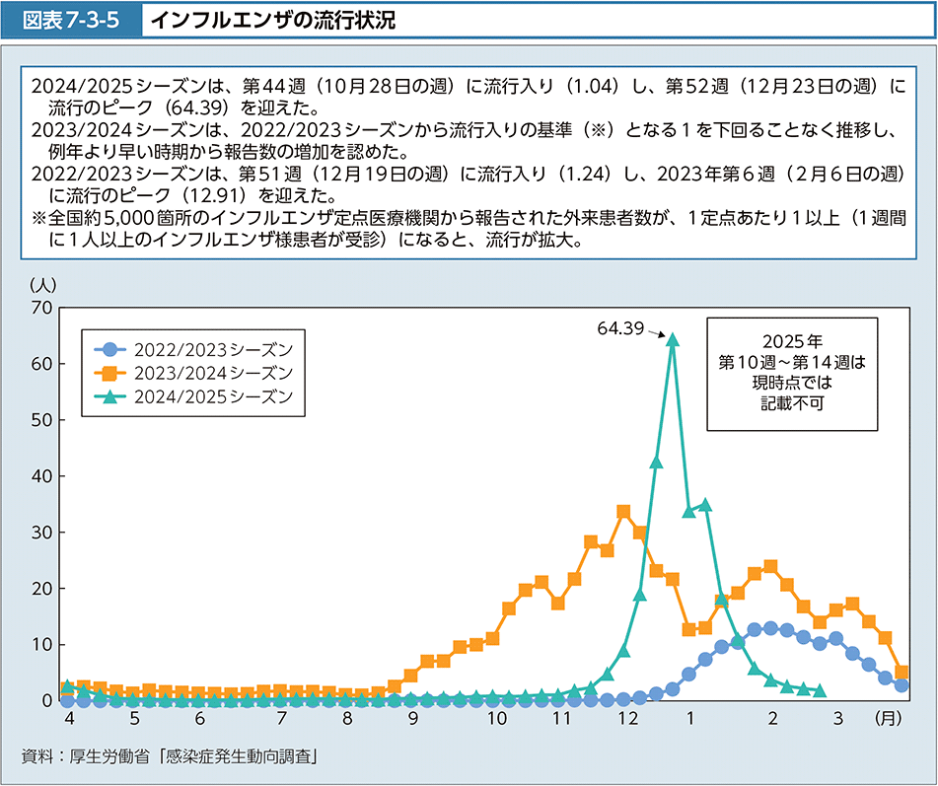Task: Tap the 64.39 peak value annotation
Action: (619, 327)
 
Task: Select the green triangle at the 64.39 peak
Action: (673, 339)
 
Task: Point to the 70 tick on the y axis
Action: (41, 308)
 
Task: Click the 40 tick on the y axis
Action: (41, 476)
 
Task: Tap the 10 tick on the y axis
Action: (41, 645)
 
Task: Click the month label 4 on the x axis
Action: (67, 720)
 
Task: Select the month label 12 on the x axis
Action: (627, 720)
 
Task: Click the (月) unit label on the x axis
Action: (889, 720)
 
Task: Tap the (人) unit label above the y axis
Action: (43, 284)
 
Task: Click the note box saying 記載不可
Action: (792, 374)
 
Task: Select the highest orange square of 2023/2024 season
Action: (623, 512)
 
